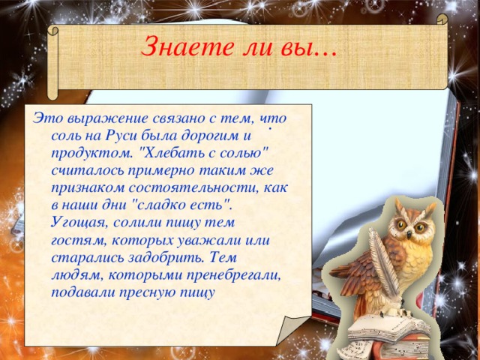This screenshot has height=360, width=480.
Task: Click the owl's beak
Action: click(x=411, y=229)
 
